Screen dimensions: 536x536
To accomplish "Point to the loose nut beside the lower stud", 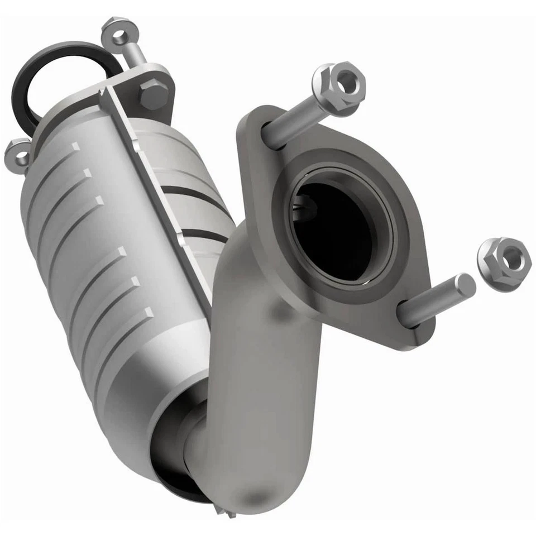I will (x=504, y=264).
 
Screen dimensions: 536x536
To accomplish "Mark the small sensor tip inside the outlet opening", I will (x=306, y=208).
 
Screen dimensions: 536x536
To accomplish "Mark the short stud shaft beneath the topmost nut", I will (x=134, y=53).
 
